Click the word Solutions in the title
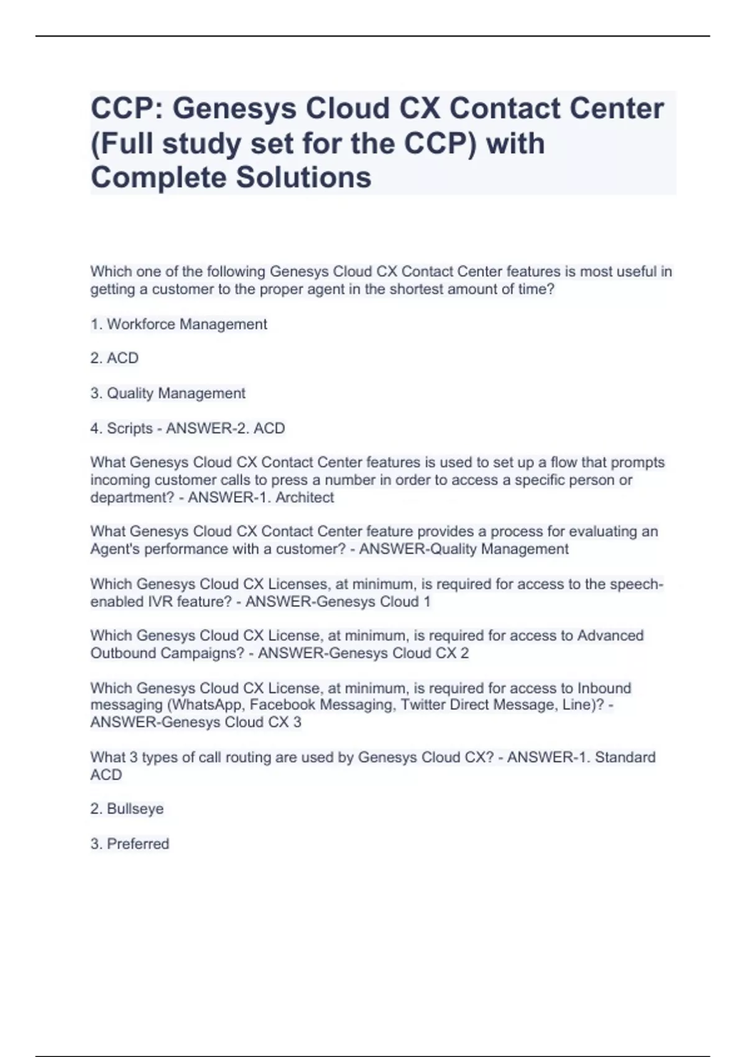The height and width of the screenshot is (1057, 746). click(x=303, y=177)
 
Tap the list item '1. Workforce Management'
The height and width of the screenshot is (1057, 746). click(x=178, y=324)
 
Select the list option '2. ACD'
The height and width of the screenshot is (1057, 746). click(x=114, y=358)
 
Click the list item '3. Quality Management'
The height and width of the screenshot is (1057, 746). click(x=168, y=393)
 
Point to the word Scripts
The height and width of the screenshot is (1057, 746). click(x=129, y=428)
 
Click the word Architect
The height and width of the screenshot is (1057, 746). click(x=305, y=497)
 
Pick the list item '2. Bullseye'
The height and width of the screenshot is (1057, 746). click(x=127, y=809)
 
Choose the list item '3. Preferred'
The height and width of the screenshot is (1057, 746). click(x=129, y=844)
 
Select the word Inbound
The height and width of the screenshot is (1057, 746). click(x=604, y=688)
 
